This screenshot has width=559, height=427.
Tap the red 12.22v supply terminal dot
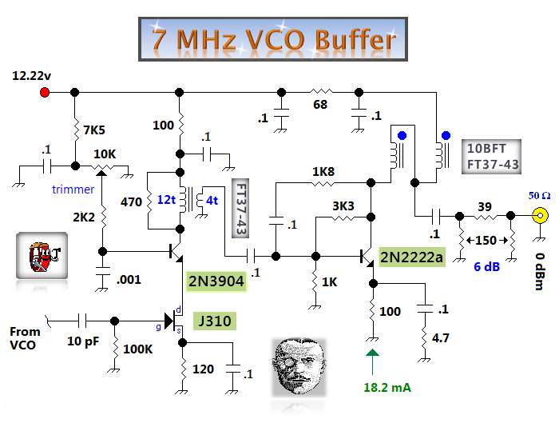point(44,93)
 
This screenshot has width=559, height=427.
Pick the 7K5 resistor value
point(95,129)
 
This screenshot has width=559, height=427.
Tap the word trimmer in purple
point(73,190)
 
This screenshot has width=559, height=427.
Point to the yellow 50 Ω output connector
point(541,215)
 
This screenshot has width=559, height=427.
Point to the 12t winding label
point(167,198)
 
